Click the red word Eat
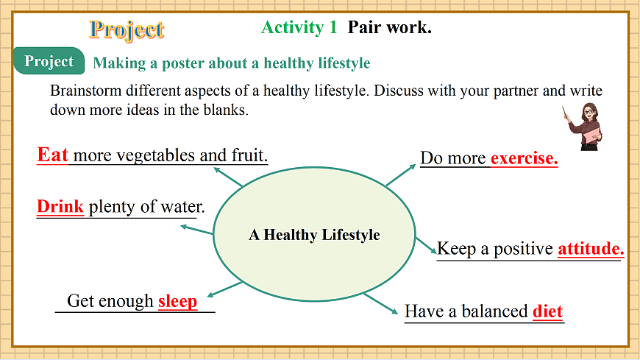[53, 155]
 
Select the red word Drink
[60, 206]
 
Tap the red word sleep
[177, 302]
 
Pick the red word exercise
[524, 158]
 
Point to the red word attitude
[591, 248]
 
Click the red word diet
[548, 311]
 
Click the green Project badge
[49, 61]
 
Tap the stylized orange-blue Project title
[127, 30]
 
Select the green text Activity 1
[299, 27]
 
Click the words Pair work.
[389, 27]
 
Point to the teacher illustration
[583, 127]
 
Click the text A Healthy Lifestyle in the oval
[314, 235]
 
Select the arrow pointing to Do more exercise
[401, 175]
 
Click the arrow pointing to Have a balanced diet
[381, 303]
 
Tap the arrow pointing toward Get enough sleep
[225, 289]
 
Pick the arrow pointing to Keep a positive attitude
[426, 246]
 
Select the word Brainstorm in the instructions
[86, 91]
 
